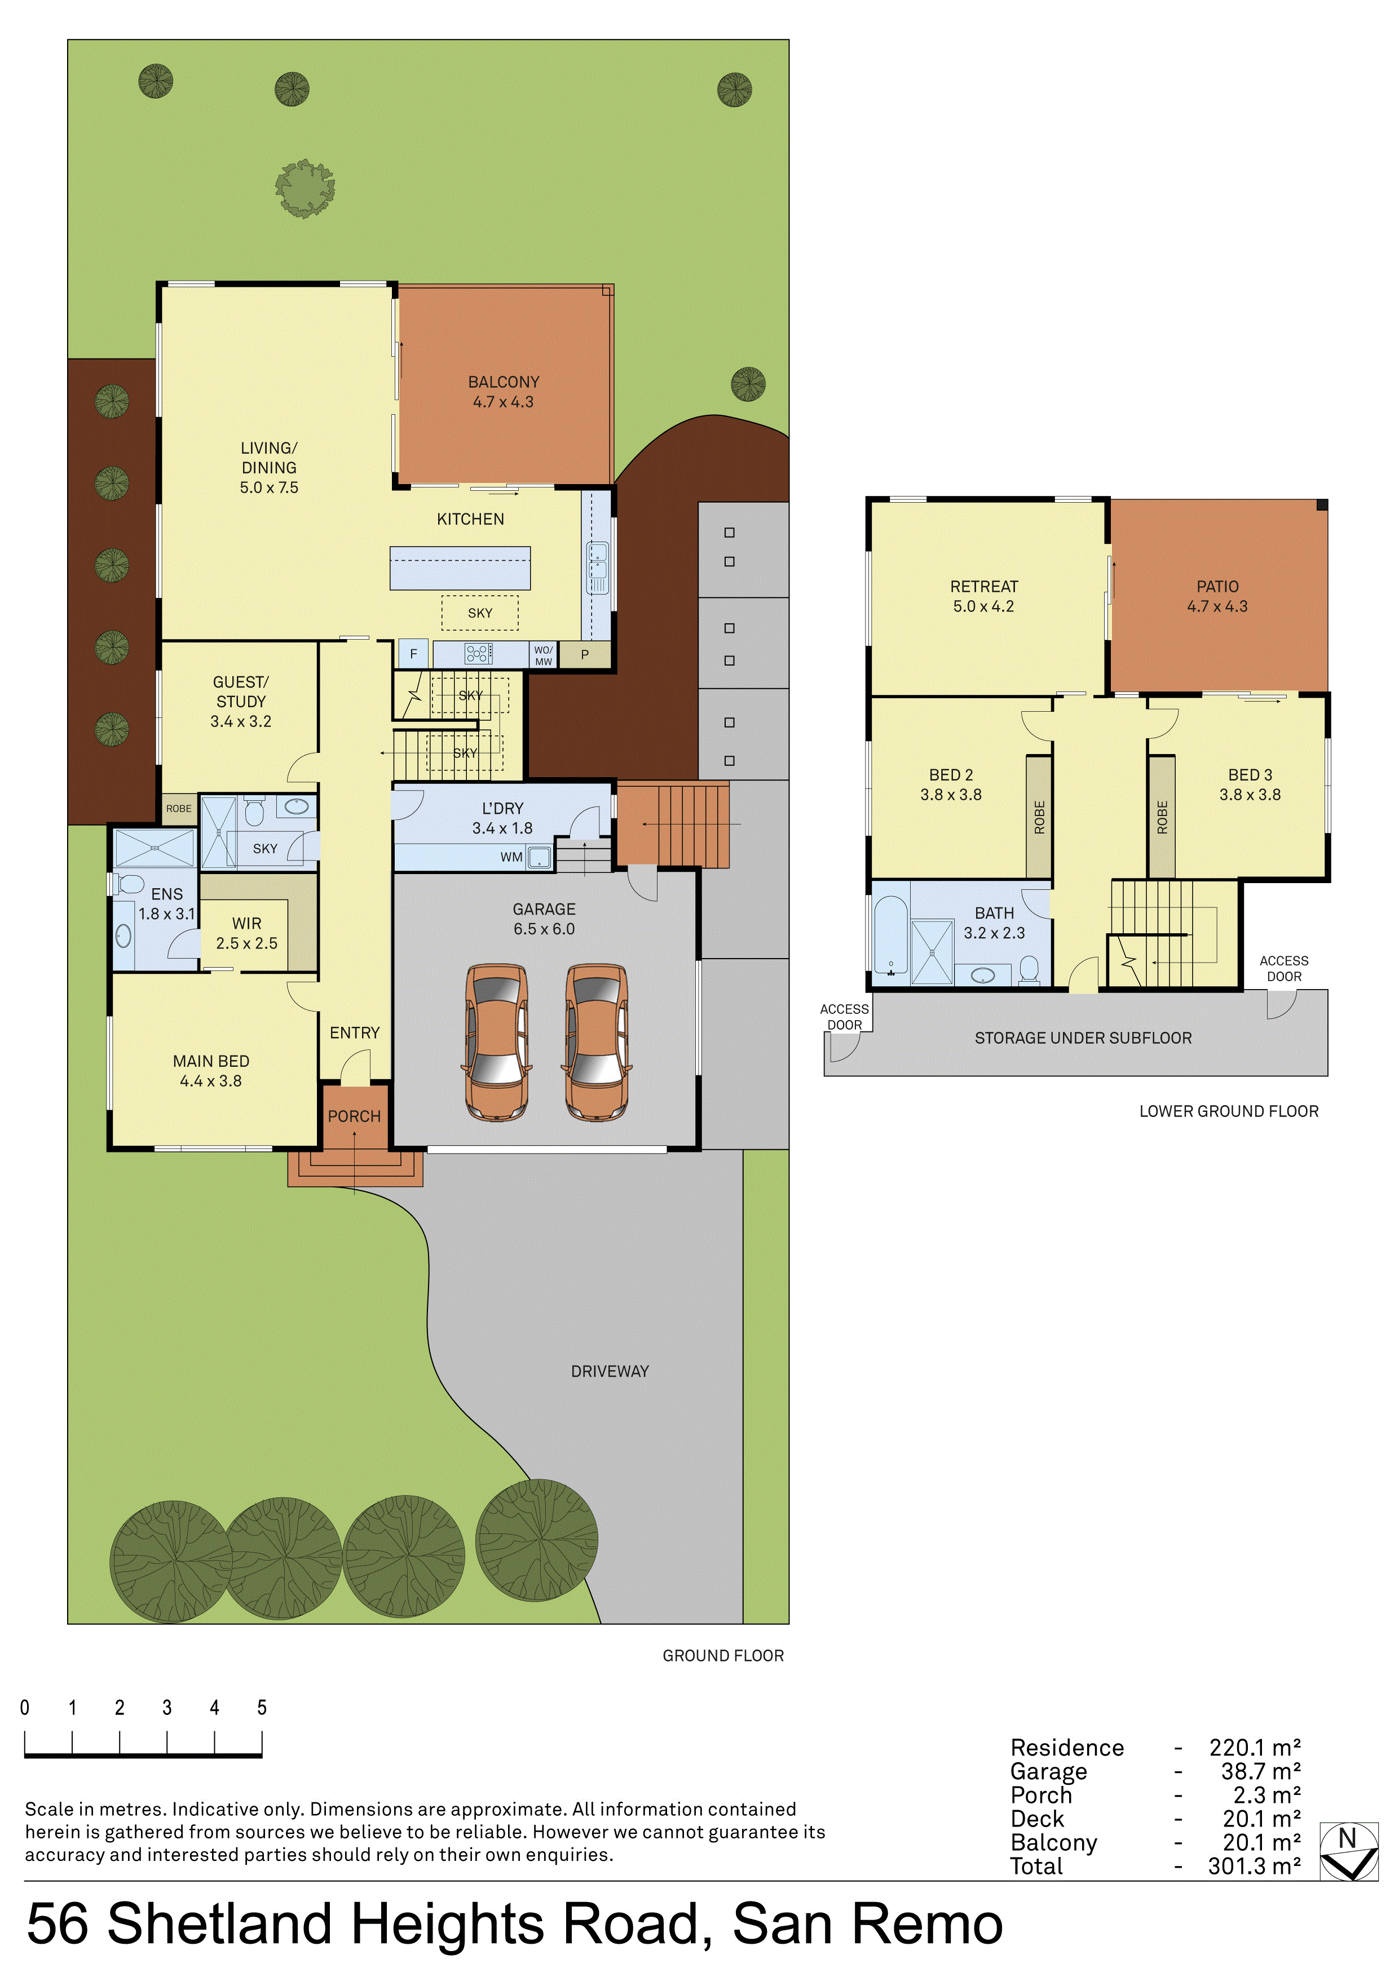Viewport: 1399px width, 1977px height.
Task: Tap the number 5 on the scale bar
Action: (262, 1708)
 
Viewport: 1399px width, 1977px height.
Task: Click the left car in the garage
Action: (497, 1042)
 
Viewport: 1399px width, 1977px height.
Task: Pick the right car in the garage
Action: (596, 1042)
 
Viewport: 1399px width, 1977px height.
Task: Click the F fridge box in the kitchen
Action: (413, 654)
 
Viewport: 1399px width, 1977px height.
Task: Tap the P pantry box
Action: (585, 654)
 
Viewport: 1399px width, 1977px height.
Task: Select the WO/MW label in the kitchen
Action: (544, 655)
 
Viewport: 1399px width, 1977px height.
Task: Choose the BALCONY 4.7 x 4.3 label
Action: (504, 392)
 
